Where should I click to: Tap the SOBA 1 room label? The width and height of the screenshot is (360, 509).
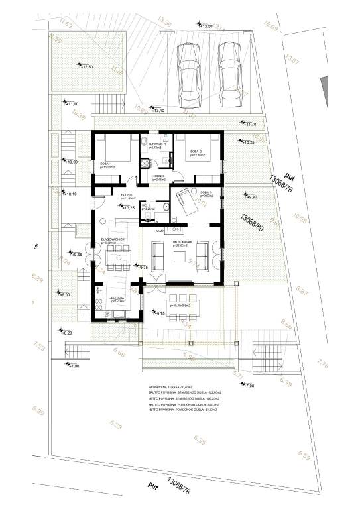[106, 164]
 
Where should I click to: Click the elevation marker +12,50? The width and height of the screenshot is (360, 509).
[87, 66]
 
